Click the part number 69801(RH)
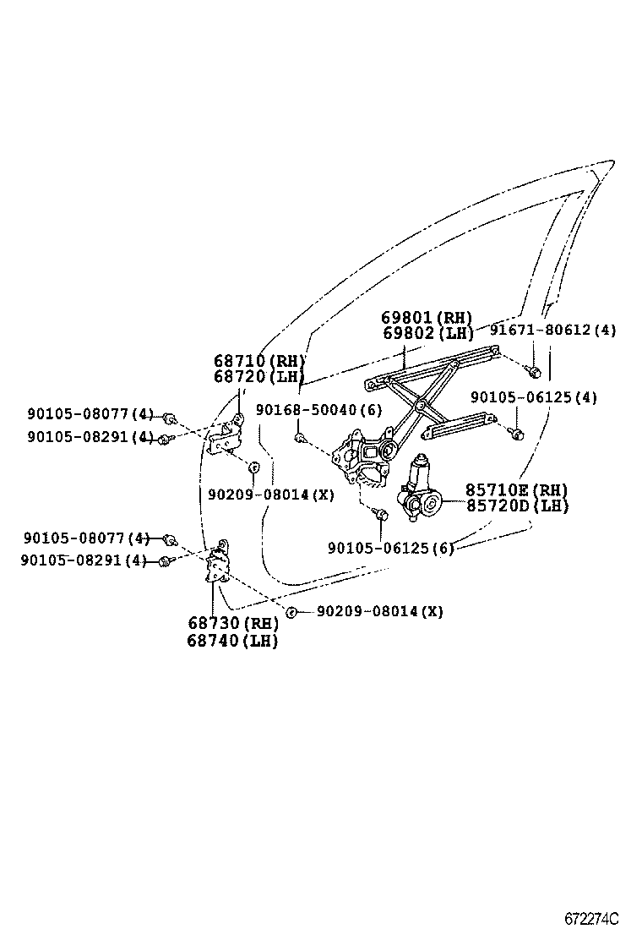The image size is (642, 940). coord(427,318)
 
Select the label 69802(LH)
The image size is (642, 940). coord(427,333)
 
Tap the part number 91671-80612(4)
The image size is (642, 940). coord(553,331)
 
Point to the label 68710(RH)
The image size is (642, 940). coord(258,361)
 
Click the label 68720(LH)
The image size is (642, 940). coord(258,376)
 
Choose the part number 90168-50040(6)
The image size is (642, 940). coord(318,410)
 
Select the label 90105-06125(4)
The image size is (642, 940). coord(534,397)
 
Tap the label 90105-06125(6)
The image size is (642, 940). coord(391,548)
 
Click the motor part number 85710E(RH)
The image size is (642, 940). coord(516,490)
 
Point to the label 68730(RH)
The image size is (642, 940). coord(233,624)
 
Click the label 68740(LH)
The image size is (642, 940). coord(233,641)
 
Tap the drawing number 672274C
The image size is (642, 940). coord(592,918)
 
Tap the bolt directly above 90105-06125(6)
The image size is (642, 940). coord(382,513)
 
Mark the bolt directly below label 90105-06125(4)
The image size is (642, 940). coord(518,434)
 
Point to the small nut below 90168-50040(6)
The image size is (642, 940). coord(300,437)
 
